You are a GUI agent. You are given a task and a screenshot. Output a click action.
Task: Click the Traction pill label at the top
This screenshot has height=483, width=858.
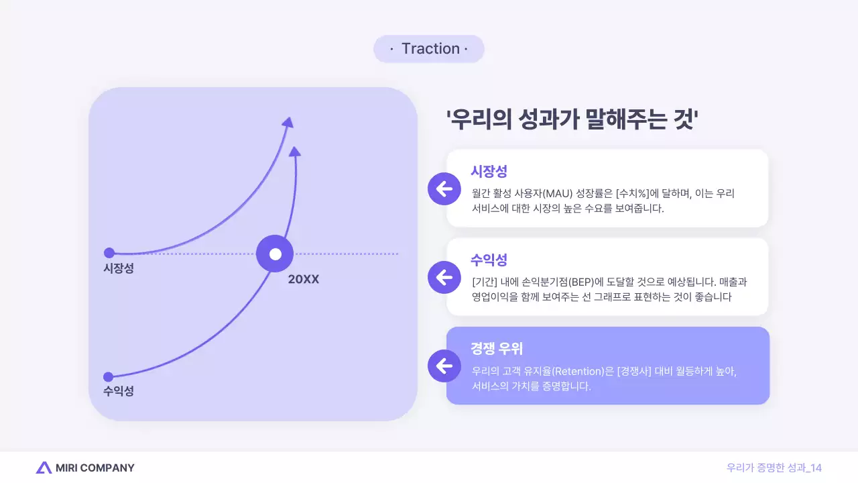[429, 49]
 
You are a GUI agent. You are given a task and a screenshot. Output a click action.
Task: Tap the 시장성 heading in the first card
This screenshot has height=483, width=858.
[489, 171]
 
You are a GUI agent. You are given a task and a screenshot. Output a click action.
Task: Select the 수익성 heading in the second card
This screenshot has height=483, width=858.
[489, 260]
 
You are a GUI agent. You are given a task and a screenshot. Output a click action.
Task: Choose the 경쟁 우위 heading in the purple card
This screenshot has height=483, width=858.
[497, 349]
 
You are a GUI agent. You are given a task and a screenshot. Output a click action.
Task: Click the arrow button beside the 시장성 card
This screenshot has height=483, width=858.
[444, 189]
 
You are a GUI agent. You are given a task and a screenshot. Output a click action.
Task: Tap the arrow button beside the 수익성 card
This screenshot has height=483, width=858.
[444, 277]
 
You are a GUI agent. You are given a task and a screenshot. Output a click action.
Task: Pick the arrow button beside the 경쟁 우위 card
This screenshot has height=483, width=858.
[444, 366]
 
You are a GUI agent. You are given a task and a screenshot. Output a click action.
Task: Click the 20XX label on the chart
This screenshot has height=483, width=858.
[304, 279]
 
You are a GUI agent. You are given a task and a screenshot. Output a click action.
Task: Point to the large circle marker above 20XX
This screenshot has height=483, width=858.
[275, 254]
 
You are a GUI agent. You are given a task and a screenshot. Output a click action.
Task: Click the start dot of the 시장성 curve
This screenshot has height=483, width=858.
[109, 253]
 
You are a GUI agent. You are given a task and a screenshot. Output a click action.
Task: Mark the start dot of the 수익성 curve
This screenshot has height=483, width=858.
[109, 376]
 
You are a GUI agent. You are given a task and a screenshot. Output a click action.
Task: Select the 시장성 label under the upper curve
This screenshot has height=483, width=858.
[119, 268]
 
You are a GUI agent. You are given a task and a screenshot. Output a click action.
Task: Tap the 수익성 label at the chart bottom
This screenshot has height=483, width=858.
[119, 391]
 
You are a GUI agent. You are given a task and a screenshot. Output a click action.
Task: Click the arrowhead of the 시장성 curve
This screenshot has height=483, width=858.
[288, 122]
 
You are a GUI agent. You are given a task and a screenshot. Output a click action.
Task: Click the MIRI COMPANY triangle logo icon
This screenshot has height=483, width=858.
[44, 468]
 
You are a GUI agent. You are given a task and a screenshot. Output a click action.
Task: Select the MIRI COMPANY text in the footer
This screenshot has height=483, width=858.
[95, 468]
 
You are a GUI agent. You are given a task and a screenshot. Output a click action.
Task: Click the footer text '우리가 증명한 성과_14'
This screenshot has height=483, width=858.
[774, 468]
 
